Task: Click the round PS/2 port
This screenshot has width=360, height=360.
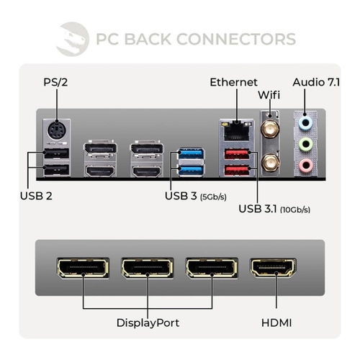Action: (x=57, y=131)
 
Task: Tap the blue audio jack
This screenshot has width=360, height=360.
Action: (x=305, y=123)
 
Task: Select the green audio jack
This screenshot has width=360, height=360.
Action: (x=305, y=144)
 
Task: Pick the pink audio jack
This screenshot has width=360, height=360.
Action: (x=305, y=166)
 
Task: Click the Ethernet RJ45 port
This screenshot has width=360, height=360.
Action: (x=237, y=131)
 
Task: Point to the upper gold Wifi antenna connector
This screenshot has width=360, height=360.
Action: (x=270, y=129)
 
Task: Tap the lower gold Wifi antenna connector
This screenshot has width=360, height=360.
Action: (x=270, y=163)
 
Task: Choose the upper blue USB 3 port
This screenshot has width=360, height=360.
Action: (x=191, y=154)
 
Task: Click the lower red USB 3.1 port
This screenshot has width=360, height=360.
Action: (x=237, y=170)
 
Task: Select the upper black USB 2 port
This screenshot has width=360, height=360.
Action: (x=57, y=153)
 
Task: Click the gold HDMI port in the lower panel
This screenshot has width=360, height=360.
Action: (x=273, y=268)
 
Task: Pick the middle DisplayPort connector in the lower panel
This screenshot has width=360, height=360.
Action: (x=148, y=268)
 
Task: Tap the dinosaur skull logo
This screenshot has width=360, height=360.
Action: (x=73, y=39)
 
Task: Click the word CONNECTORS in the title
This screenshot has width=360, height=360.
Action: (x=236, y=39)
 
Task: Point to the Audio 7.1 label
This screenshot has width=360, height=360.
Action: (x=316, y=82)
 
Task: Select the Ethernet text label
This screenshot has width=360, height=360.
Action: (x=233, y=82)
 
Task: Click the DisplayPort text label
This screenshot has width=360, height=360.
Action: (x=148, y=323)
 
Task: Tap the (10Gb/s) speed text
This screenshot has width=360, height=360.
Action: (x=295, y=210)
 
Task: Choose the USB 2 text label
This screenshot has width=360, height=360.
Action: (x=36, y=196)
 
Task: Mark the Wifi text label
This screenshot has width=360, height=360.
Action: (x=269, y=95)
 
